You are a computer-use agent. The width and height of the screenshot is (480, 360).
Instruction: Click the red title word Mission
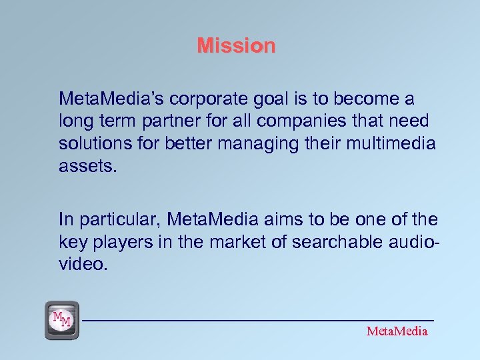[236, 46]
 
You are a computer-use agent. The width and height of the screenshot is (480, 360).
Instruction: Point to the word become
[361, 99]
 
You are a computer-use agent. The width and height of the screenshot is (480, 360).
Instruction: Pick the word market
[238, 241]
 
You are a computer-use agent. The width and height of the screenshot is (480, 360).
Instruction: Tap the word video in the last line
[82, 263]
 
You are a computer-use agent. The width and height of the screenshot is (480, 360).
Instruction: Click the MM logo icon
[62, 320]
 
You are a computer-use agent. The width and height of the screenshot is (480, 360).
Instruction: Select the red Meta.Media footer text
[397, 331]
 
